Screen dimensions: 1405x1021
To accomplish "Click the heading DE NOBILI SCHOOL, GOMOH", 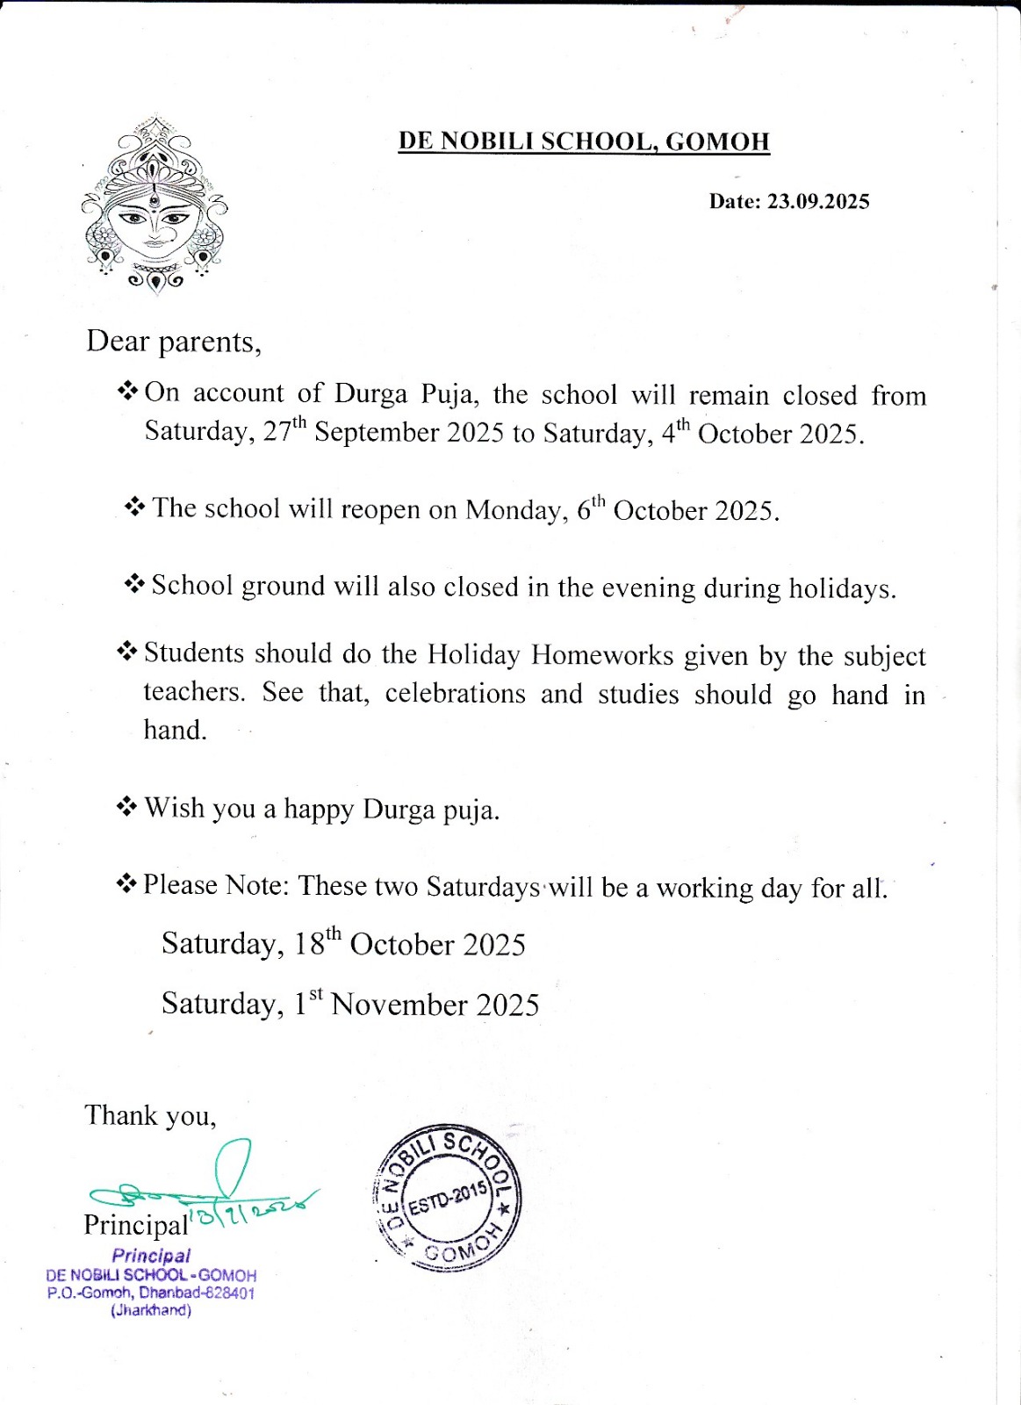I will point(584,141).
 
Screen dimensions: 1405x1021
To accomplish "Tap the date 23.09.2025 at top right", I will point(817,202).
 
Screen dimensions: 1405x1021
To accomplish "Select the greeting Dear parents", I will point(173,341).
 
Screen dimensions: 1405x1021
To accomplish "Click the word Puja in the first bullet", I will point(449,393).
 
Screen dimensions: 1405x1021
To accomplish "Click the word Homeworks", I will point(602,655).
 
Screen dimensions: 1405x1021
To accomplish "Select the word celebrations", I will point(455,694).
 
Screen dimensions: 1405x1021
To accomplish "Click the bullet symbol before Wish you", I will point(127,806).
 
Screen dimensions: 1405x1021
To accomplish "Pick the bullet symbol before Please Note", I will point(127,883).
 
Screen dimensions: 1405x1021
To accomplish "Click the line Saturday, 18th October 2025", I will point(343,943).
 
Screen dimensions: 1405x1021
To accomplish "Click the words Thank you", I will point(150,1115).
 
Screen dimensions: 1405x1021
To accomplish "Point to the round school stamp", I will point(449,1197).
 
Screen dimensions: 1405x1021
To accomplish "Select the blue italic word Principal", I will point(151,1256).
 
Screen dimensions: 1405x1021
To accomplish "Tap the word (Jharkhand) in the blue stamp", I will point(151,1310).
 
